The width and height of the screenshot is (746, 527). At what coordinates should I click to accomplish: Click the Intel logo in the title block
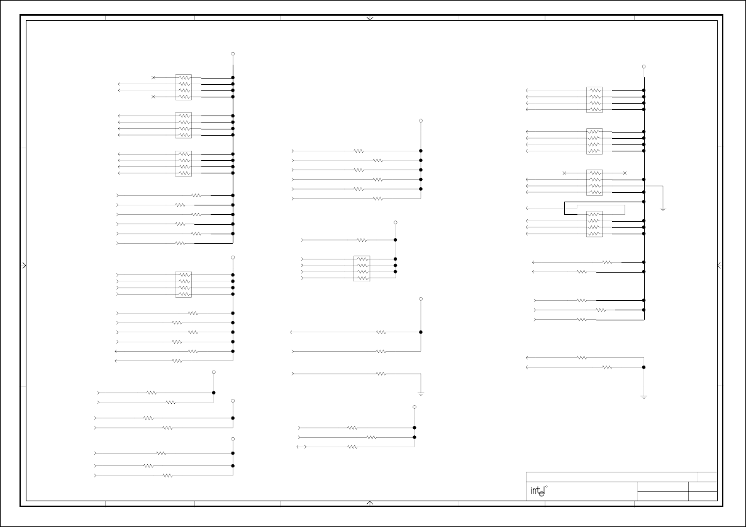click(x=537, y=491)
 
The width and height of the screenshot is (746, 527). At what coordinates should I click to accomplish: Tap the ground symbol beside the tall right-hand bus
click(x=662, y=209)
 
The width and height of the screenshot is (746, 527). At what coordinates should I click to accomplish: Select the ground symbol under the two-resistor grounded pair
click(x=643, y=397)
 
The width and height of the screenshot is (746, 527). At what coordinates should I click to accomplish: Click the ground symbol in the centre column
click(x=421, y=393)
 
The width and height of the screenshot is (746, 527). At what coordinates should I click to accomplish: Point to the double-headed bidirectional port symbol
click(x=301, y=447)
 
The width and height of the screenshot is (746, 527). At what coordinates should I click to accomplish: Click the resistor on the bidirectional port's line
click(x=352, y=447)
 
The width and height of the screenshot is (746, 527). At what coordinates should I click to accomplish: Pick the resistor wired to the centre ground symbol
click(x=381, y=374)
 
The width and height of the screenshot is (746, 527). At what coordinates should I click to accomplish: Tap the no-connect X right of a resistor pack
click(x=625, y=173)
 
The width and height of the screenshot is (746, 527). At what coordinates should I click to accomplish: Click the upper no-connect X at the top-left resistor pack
click(x=153, y=78)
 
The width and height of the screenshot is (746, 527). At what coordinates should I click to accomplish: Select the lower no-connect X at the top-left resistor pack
click(x=153, y=97)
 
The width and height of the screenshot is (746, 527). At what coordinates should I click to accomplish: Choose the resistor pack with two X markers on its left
click(x=184, y=87)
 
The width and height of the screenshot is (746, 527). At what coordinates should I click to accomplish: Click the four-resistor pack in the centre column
click(x=362, y=268)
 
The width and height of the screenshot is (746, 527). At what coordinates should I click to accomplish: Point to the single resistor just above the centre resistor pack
click(x=362, y=240)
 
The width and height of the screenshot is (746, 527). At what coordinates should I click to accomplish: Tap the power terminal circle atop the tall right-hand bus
click(x=643, y=67)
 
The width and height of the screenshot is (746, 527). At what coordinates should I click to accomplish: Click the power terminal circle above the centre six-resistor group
click(x=421, y=121)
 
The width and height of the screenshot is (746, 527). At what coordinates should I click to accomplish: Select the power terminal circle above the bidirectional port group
click(x=415, y=407)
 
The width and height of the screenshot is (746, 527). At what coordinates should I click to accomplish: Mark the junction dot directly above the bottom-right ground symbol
click(x=643, y=367)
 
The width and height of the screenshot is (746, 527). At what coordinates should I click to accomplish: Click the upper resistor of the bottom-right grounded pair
click(x=582, y=357)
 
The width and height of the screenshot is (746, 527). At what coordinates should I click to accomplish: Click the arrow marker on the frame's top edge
click(x=370, y=19)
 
